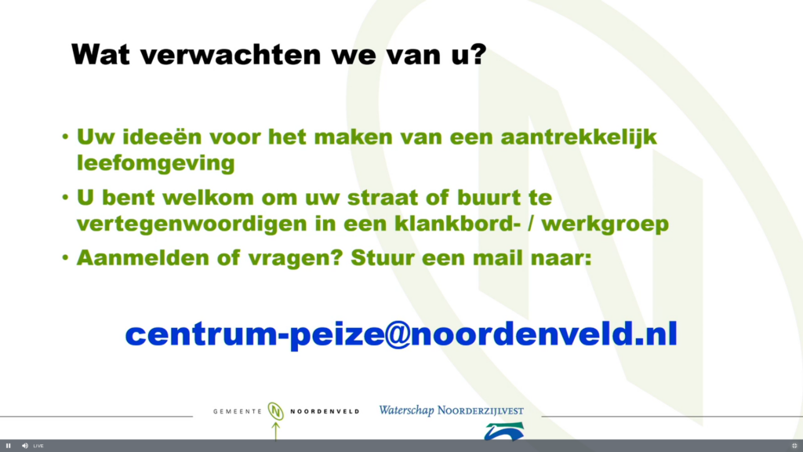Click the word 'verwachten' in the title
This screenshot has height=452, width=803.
[x=231, y=54]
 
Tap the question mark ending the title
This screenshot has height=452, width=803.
[x=479, y=53]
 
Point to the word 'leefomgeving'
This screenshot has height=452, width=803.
[x=156, y=164]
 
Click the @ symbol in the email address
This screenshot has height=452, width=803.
[x=398, y=334]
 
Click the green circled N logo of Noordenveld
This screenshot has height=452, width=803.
[x=275, y=411]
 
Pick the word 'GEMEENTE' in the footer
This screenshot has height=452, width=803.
[x=238, y=411]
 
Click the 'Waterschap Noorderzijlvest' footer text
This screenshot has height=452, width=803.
[x=451, y=410]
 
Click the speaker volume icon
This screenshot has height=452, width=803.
[x=24, y=446]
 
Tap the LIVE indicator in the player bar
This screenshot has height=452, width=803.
[x=38, y=446]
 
